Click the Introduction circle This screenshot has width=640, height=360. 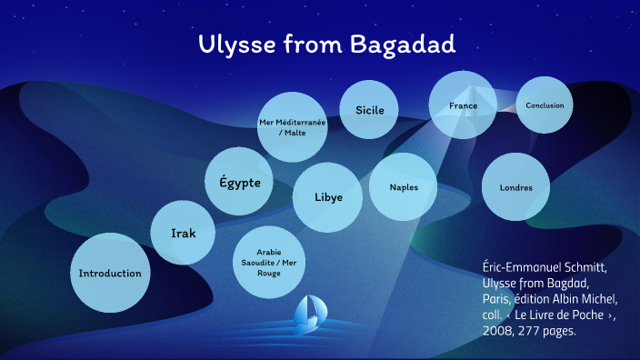(x=110, y=273)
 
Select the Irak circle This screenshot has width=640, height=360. (x=184, y=234)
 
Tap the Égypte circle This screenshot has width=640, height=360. (x=239, y=183)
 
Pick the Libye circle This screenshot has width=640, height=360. (x=327, y=196)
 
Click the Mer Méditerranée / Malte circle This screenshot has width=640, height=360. (x=292, y=127)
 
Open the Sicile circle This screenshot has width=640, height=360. (x=369, y=110)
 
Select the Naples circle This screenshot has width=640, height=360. (x=404, y=187)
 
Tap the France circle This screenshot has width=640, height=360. (x=463, y=105)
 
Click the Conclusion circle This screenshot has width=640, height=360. (x=545, y=105)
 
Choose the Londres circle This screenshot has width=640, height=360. (x=515, y=187)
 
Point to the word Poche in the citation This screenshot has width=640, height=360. (x=589, y=315)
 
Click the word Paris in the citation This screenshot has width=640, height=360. (x=499, y=299)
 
